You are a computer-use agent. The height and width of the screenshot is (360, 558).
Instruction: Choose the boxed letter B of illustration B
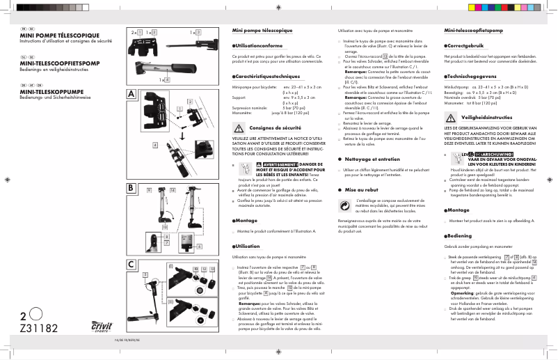coord(131,188)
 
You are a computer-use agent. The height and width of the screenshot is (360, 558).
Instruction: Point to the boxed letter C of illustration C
coord(131,265)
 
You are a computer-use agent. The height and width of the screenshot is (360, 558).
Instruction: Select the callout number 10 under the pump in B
coord(165,227)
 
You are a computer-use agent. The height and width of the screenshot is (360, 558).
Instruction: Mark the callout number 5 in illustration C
coord(145,275)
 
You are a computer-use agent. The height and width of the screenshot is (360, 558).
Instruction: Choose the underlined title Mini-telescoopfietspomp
coord(473,32)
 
